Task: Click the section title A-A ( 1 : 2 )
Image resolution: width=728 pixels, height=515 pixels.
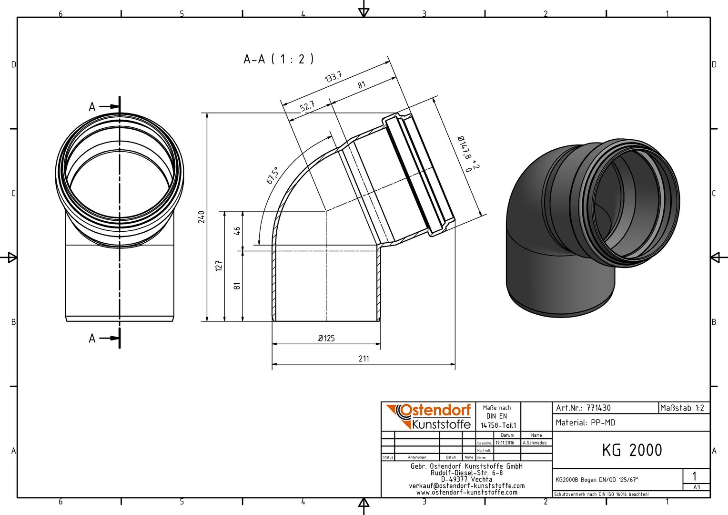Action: (279, 59)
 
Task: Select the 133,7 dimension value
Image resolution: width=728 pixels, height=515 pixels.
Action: (333, 77)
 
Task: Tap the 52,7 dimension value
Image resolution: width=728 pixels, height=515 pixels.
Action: (307, 106)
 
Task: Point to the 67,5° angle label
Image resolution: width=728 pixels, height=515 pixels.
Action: (273, 175)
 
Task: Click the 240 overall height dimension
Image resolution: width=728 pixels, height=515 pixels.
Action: (202, 217)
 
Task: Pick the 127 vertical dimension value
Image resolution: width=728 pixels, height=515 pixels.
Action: (219, 266)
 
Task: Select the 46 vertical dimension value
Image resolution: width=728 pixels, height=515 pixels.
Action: (237, 231)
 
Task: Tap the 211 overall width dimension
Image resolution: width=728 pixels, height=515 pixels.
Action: (364, 359)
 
